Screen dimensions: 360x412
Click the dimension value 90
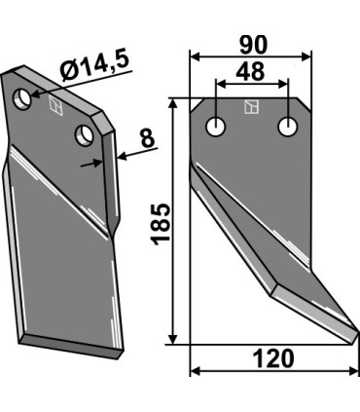coord(254,45)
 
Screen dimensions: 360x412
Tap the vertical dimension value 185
coord(161,224)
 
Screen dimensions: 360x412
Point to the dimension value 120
coord(273,358)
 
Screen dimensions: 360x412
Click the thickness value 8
coord(148,138)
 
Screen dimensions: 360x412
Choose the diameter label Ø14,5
coord(96,66)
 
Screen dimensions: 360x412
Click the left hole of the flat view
coord(216,127)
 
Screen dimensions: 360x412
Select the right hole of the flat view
coord(288,127)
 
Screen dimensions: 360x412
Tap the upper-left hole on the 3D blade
coord(21,98)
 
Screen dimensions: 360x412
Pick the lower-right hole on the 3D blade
coord(84,135)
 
